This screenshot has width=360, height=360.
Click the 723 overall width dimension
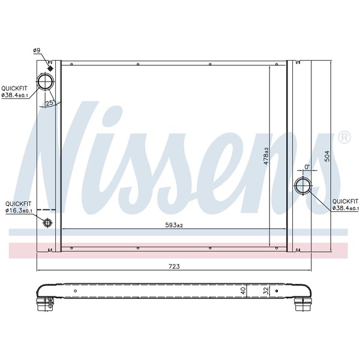pos(175,266)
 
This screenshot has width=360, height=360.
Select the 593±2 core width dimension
pos(174,225)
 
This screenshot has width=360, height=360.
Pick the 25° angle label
pos(50,103)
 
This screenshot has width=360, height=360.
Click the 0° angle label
pos(307,167)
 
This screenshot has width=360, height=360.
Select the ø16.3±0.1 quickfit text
pos(19,211)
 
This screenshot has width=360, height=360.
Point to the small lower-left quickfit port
pos(47,223)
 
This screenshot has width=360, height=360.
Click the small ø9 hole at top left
pos(50,67)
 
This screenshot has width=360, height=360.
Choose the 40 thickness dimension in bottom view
pos(242,291)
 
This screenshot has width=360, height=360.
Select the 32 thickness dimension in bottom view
pos(266,291)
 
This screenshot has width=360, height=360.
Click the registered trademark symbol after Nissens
pos(344,137)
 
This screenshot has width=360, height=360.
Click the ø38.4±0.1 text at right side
pos(346,208)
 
